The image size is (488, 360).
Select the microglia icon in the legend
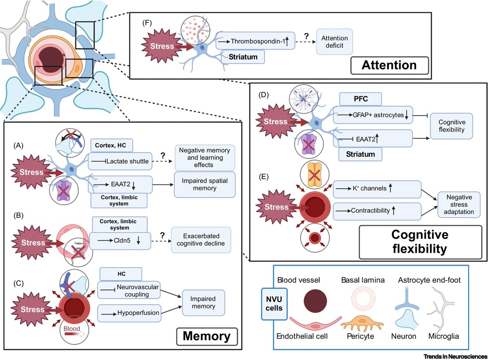pyautogui.click(x=442, y=310)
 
